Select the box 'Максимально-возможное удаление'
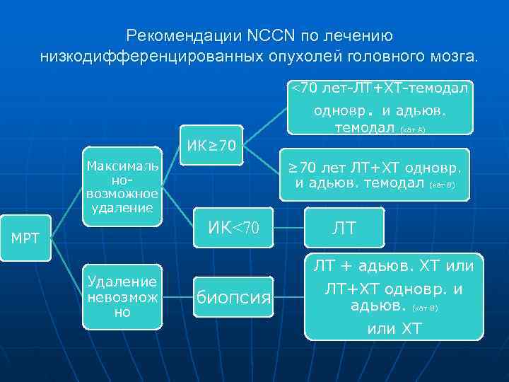click(x=122, y=187)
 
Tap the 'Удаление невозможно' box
click(x=122, y=297)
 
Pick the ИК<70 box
click(x=234, y=228)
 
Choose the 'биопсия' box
click(x=234, y=296)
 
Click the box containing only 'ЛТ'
click(x=344, y=228)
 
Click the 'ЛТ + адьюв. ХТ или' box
click(x=394, y=296)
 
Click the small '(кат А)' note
click(x=412, y=130)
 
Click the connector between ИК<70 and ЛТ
click(x=289, y=228)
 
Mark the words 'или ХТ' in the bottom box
click(x=394, y=328)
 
